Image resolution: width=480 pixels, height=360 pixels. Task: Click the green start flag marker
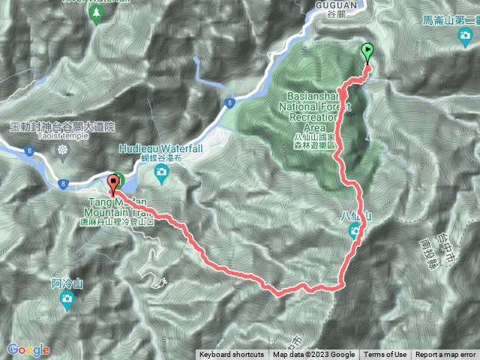tap(367, 52)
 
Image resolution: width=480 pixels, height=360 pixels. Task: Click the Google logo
tap(28, 349)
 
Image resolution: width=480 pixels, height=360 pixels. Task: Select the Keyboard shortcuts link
tap(232, 355)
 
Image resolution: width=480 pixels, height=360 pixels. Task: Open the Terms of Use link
tap(385, 355)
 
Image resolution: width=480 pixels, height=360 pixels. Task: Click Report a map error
tap(445, 355)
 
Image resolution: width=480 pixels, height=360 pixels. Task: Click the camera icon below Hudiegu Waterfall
tap(161, 173)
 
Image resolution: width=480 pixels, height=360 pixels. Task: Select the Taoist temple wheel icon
tap(62, 149)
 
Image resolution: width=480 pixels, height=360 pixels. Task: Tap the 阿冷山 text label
tap(66, 283)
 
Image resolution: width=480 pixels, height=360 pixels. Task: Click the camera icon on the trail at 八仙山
tap(355, 232)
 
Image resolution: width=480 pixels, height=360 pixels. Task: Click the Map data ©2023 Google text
tap(313, 355)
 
